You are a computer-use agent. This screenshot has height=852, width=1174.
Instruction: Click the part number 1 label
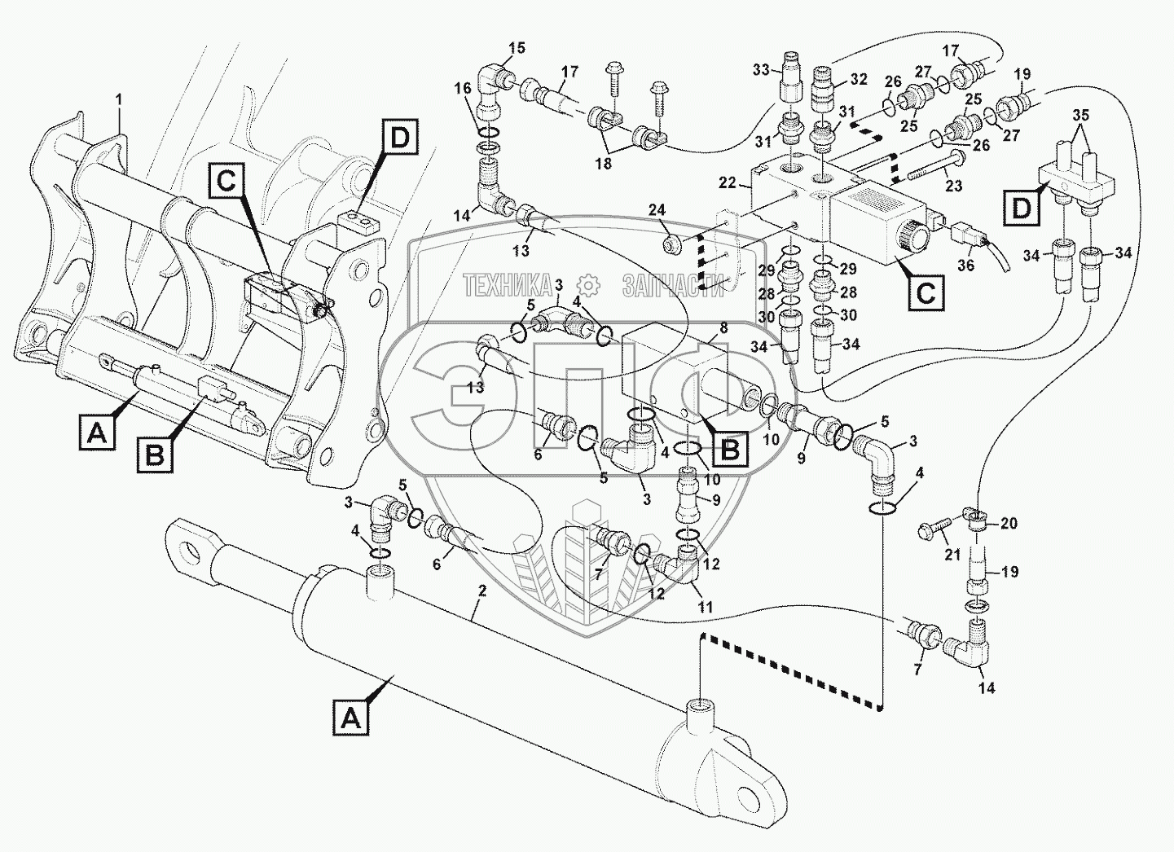click(x=119, y=99)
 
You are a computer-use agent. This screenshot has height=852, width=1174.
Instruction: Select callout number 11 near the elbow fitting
click(x=706, y=607)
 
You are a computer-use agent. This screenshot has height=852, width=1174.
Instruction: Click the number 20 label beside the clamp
click(x=1009, y=524)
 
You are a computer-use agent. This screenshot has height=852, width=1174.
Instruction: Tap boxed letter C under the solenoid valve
click(x=926, y=291)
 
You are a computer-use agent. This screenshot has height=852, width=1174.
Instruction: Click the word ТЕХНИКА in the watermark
click(x=507, y=285)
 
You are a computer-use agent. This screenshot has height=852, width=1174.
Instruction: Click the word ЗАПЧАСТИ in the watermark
click(x=673, y=285)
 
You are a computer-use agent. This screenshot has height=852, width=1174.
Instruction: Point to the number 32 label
click(x=859, y=80)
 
